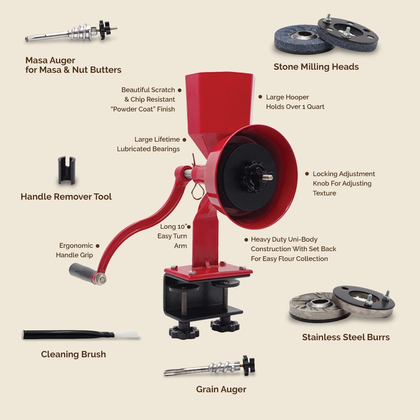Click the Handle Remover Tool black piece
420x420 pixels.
67,171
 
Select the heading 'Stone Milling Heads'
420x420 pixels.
316,67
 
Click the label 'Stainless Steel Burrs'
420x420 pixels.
346,337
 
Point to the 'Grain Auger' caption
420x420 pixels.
221,389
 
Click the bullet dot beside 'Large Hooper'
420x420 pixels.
260,97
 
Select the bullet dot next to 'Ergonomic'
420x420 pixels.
97,246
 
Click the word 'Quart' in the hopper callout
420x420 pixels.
316,107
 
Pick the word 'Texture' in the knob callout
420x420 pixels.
324,193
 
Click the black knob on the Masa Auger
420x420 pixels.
105,29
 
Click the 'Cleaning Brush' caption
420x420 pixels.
73,354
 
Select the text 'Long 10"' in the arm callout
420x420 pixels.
173,227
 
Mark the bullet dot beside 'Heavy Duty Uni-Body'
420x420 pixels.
246,240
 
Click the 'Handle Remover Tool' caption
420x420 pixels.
66,197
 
